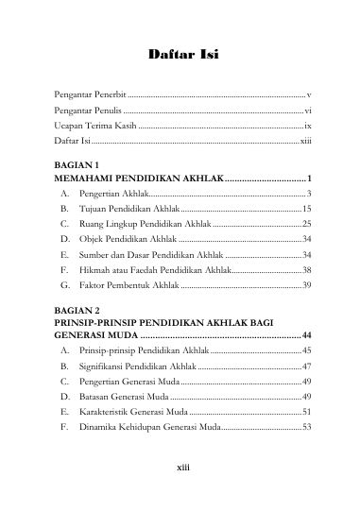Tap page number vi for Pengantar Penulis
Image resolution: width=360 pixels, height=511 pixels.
(x=308, y=111)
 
